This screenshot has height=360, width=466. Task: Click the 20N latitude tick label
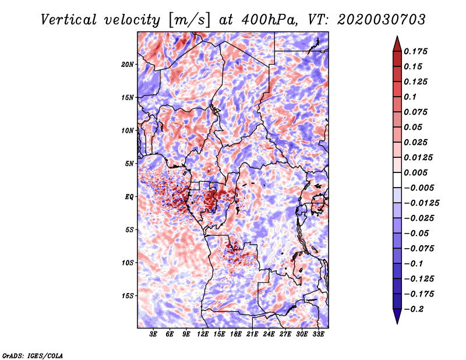coord(128,65)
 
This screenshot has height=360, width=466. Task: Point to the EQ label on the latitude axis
coord(129,197)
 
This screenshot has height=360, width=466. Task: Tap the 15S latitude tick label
coord(128,296)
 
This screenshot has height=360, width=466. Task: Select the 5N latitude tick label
coord(129,164)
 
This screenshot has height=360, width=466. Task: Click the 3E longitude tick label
coord(153,334)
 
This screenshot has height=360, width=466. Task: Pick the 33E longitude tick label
coord(318,334)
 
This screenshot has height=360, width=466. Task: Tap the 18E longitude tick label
coord(236,334)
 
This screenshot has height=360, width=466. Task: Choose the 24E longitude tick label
coord(269,334)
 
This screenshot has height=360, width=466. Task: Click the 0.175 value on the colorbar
coord(415,51)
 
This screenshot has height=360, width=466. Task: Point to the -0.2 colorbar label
coord(414,309)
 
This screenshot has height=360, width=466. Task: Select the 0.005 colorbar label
coord(415,172)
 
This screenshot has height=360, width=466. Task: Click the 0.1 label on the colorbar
coord(410,97)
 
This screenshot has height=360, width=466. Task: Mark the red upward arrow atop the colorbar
coord(397,44)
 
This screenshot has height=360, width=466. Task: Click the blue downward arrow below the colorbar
coord(397,316)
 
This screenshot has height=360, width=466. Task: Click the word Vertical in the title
coord(69,20)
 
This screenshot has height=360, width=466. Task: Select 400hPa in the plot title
coord(269,20)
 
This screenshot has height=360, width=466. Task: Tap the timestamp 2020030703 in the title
coord(382,20)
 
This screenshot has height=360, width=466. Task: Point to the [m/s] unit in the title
coord(190,20)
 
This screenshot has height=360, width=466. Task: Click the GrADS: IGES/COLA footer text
coord(33,356)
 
